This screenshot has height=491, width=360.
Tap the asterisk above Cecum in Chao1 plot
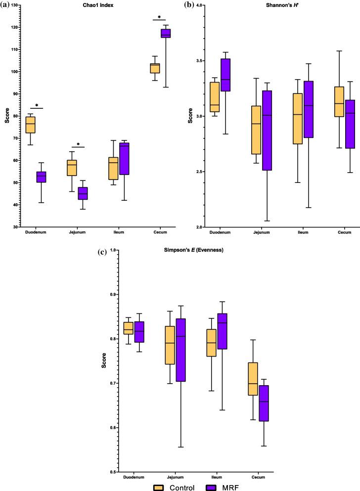click(159, 17)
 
